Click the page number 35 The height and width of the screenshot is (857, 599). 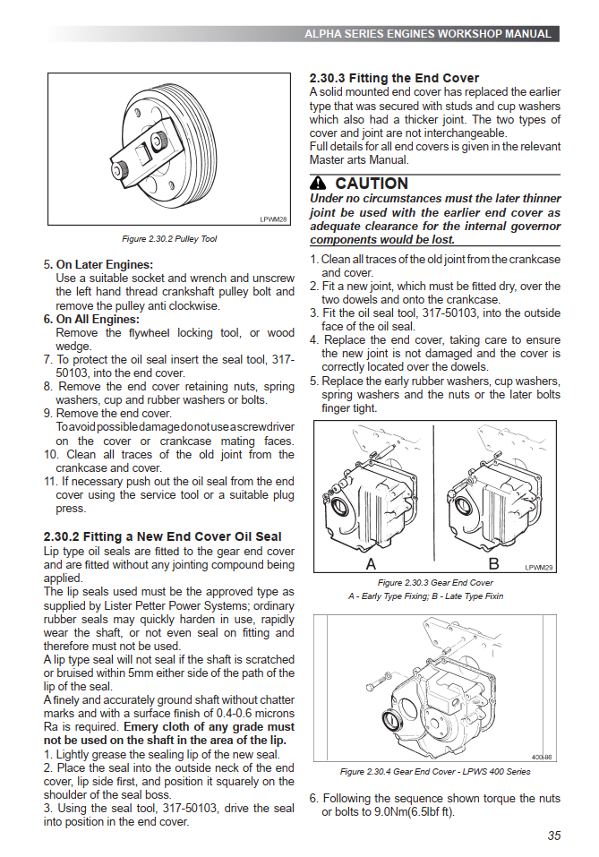point(553,836)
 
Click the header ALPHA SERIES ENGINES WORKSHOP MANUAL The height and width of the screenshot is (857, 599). point(427,34)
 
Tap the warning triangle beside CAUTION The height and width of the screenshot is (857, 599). point(319,184)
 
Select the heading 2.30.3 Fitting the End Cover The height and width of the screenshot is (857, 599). point(394,78)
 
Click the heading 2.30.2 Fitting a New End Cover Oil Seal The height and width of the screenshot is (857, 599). point(163,536)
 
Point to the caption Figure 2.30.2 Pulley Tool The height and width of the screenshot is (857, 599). point(169,239)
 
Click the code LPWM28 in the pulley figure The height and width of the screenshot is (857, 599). point(273,219)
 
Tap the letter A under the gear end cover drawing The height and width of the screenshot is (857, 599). point(371,565)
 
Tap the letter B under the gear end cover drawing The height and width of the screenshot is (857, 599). point(492,565)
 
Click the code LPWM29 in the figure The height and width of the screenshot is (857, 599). point(539,567)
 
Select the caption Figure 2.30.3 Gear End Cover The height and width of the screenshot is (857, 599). point(435,582)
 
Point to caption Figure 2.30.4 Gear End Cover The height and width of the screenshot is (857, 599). point(435,771)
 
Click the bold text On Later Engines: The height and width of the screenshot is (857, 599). point(105,264)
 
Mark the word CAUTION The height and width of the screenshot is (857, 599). point(371,184)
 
